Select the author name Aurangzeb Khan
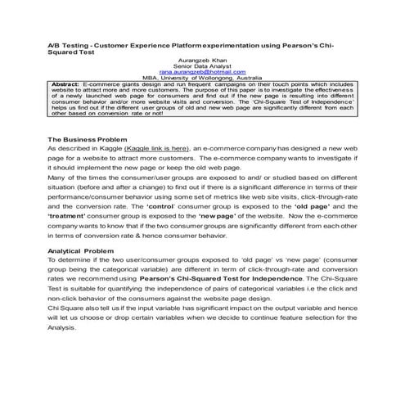tap(202, 60)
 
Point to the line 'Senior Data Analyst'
tap(202, 65)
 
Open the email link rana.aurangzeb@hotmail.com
tap(202, 72)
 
